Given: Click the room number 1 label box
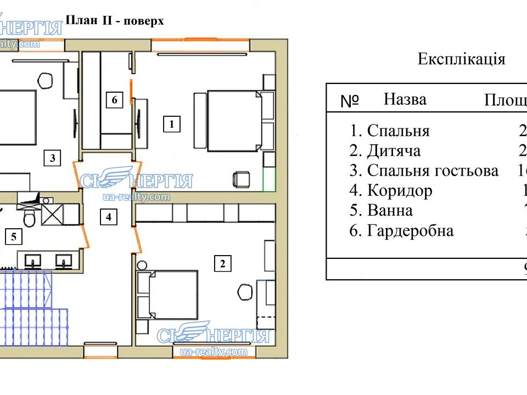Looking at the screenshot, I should pos(172,125).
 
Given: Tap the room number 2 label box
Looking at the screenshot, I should pos(222,264).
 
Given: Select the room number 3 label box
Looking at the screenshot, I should pos(52,159).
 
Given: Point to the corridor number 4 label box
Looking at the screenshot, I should pos(109,217).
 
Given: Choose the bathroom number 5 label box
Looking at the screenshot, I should pos(14,237).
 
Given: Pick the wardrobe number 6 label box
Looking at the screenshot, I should pos(114,100).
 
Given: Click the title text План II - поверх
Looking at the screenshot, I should pos(115,21).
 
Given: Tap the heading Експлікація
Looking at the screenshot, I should pos(461,59).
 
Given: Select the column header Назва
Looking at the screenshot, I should pos(405,99).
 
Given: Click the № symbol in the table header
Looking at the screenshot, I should pos(350,101).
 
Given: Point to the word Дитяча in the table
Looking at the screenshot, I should pos(394,151).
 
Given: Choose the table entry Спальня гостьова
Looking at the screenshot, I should pos(433,171).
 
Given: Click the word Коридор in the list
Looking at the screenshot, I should pos(399,190).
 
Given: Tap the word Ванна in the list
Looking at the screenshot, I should pos(390,210).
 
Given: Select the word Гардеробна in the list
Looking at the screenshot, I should pos(410,230).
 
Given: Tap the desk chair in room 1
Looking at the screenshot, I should pos(240,179).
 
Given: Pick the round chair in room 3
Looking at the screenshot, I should pos(46,80).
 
